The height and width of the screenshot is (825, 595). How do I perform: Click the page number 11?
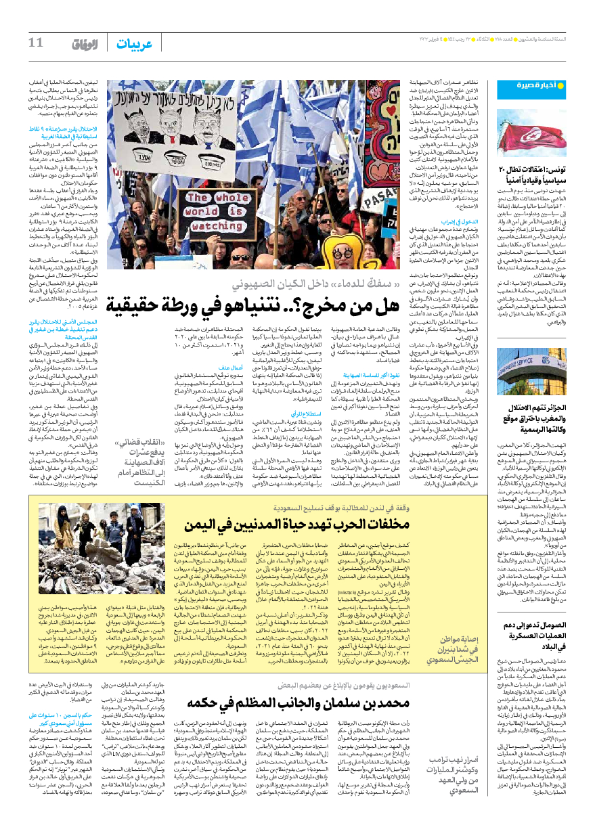35,43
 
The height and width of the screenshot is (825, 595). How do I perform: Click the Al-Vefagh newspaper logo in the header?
85,44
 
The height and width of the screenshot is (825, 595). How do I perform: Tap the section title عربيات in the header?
134,44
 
